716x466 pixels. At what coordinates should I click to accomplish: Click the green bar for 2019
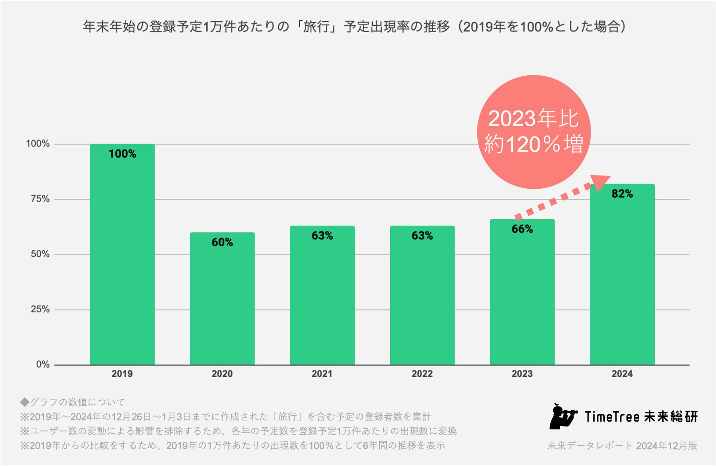point(122,257)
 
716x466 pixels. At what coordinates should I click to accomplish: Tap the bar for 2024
point(622,279)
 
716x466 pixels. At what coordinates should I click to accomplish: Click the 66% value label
point(522,229)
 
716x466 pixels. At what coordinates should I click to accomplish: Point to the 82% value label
point(622,194)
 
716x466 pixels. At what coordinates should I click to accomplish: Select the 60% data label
point(222,242)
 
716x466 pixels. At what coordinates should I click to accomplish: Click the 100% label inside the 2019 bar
point(122,154)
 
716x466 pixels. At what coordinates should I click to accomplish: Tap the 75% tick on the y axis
point(40,199)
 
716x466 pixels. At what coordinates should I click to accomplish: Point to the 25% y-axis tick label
point(40,309)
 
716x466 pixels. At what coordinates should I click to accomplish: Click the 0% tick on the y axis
point(43,364)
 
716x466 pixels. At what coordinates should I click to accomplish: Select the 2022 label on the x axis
point(422,374)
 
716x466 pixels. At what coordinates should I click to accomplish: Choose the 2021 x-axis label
point(322,374)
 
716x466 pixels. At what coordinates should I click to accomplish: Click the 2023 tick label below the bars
point(522,374)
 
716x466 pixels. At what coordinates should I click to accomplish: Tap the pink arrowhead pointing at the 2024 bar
point(599,182)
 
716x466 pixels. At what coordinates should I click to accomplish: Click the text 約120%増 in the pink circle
point(534,144)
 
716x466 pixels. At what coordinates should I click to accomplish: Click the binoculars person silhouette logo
point(562,416)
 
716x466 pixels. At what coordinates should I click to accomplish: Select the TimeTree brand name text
point(612,417)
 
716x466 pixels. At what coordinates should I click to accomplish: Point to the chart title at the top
point(354,27)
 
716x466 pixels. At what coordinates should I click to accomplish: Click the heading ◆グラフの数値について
point(73,402)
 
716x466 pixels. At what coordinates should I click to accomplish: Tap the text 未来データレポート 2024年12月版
point(622,446)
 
